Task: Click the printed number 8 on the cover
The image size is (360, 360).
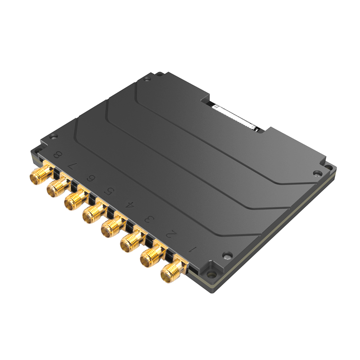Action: pyautogui.click(x=57, y=155)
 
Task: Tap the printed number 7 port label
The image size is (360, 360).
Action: pyautogui.click(x=72, y=166)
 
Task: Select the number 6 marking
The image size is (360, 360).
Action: pyautogui.click(x=91, y=179)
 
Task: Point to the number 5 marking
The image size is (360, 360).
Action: pyautogui.click(x=109, y=192)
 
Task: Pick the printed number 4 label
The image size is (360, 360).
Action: pyautogui.click(x=129, y=205)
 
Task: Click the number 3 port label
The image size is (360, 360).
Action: pyautogui.click(x=148, y=219)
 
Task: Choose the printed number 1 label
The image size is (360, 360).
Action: pyautogui.click(x=193, y=248)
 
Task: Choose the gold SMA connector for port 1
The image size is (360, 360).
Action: pyautogui.click(x=171, y=271)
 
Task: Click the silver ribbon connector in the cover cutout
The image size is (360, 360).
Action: pyautogui.click(x=236, y=118)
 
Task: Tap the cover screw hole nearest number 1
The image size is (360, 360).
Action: pyautogui.click(x=227, y=255)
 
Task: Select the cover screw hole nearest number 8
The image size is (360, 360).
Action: pyautogui.click(x=54, y=137)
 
